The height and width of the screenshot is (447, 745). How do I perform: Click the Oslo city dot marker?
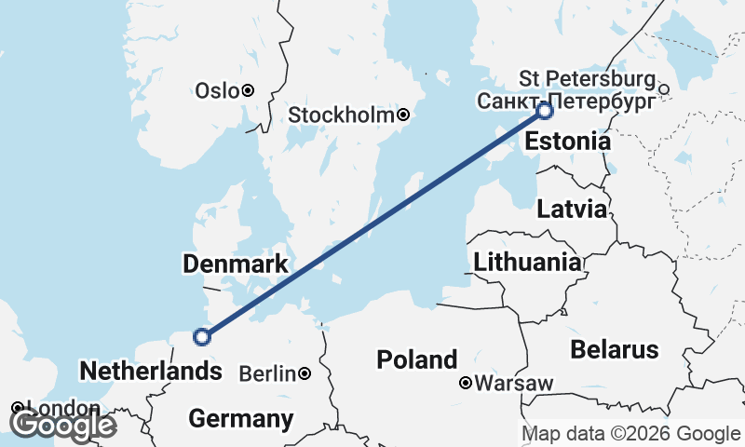(x=248, y=90)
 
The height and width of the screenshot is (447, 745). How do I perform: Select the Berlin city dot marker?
(x=305, y=374)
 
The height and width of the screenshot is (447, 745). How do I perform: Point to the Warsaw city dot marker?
(x=466, y=383)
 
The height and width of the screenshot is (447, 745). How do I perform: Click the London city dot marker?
(x=18, y=408)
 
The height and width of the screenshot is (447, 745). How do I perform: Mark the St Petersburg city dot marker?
(x=664, y=89)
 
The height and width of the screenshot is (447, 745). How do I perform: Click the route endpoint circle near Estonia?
(x=545, y=112)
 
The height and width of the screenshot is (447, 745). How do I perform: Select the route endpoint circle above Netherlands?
(x=201, y=337)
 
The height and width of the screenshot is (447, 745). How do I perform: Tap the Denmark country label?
(x=236, y=265)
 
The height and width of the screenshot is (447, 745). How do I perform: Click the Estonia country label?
(x=568, y=142)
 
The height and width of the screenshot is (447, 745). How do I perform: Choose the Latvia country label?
(x=572, y=209)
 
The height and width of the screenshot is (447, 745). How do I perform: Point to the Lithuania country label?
(x=526, y=263)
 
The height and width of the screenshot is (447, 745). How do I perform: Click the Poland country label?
(x=416, y=359)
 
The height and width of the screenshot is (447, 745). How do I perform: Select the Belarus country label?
(x=615, y=350)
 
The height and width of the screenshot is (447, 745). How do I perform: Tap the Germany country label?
(x=240, y=419)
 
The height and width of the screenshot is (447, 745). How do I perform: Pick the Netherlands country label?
(x=151, y=372)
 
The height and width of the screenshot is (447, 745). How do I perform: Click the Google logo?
(x=62, y=425)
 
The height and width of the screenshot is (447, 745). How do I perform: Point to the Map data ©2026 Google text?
(x=630, y=434)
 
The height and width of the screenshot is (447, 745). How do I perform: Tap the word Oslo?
(x=216, y=90)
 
